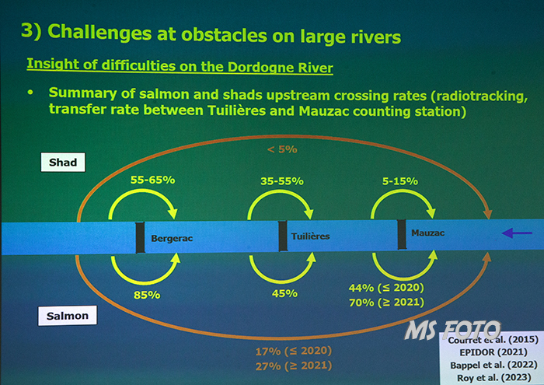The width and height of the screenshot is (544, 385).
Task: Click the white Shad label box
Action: pos(63,162)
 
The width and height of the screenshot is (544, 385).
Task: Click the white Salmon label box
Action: pos(68,316)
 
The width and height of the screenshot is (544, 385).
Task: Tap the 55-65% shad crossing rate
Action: pos(152,180)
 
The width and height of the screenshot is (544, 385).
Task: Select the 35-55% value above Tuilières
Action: pos(282,181)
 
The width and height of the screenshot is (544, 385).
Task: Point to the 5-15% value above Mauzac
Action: pos(400,181)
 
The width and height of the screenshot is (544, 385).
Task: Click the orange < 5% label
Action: pos(282,149)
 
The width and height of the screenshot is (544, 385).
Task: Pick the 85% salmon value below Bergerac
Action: pos(147,295)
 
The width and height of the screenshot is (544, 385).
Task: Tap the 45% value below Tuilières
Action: pos(284,293)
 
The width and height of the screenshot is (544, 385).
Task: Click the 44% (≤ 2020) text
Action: pos(386,288)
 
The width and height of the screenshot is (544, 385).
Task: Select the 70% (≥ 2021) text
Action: pos(386,303)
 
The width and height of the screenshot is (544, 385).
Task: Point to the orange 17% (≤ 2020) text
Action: pos(294,351)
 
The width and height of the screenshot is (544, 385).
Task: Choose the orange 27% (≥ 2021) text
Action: pos(294,366)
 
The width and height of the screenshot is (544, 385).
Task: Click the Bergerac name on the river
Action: pos(172,239)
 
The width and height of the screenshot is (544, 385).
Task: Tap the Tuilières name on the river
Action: pos(310,236)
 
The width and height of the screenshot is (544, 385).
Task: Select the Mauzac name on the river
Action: pos(427,233)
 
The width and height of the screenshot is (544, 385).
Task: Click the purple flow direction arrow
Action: pos(517,233)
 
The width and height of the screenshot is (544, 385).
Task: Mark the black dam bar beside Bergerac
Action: pos(140,238)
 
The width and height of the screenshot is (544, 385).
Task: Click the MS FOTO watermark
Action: pos(452,330)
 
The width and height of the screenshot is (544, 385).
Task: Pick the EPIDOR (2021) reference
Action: pos(493,352)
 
